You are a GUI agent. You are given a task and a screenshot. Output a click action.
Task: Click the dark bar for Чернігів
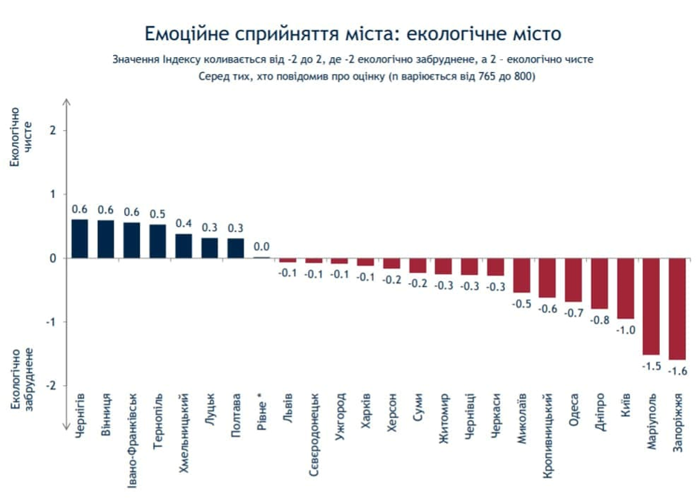(x=80, y=239)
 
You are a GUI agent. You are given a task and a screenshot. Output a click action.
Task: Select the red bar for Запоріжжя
(x=677, y=308)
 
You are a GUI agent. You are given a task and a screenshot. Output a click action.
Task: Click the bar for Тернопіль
(x=158, y=241)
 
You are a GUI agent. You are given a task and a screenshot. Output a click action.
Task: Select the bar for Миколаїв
(x=521, y=275)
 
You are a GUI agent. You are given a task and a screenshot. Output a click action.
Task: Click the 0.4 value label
(x=184, y=224)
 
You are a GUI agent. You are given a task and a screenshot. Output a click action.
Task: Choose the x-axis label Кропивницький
(x=549, y=435)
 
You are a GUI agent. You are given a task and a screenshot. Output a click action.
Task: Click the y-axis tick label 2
(x=53, y=131)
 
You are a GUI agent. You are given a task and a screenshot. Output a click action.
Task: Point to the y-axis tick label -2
(x=51, y=386)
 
